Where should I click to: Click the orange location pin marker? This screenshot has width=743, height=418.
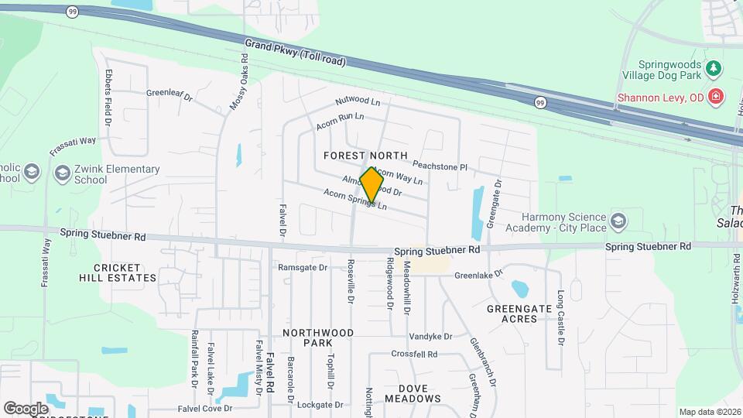pos(371,185)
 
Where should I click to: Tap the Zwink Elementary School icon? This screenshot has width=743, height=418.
pos(62,174)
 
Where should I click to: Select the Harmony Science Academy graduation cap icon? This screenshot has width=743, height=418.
pos(618,222)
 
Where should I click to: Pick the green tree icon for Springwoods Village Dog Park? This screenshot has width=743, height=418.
pos(713,69)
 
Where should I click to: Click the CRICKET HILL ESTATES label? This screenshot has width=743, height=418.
pos(125,272)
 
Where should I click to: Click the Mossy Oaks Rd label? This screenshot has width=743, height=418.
pos(238,82)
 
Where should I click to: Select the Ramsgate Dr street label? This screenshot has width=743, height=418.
pos(303,268)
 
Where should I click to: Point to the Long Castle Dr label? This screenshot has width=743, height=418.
pos(561,317)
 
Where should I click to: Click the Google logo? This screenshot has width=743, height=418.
pos(26,408)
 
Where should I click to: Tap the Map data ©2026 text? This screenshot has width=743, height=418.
pos(709,412)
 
